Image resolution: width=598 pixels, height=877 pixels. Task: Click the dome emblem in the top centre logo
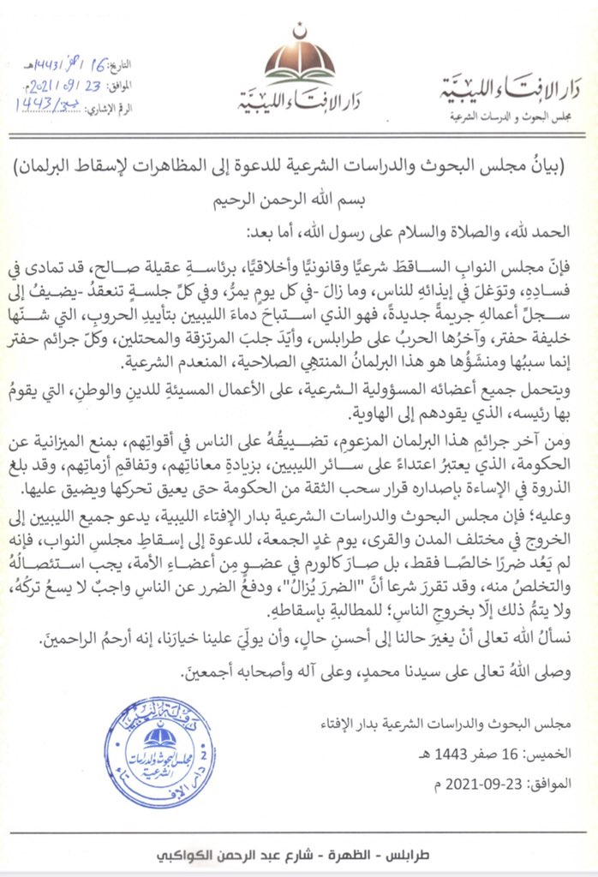(299, 61)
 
